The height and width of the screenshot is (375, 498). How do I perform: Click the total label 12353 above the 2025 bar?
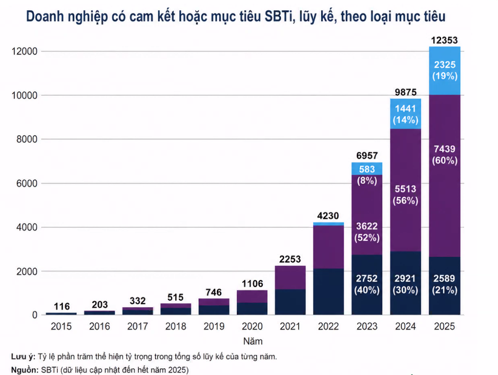[x=444, y=41]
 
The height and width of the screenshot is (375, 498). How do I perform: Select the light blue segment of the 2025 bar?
[x=445, y=71]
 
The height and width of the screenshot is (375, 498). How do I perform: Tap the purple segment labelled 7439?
[x=445, y=176]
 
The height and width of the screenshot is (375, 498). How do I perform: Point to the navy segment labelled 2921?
[x=405, y=284]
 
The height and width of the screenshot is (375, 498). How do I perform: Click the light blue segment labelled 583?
[x=367, y=168]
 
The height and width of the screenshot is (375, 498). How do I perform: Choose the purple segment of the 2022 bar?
[x=328, y=247]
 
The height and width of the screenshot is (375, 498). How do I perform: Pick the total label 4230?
[x=328, y=216]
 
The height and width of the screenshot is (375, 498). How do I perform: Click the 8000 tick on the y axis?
[x=27, y=139]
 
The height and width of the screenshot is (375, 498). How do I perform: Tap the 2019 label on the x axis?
[x=214, y=327]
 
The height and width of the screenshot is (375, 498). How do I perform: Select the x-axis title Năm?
[x=253, y=341]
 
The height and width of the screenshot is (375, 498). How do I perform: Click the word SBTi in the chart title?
[x=278, y=16]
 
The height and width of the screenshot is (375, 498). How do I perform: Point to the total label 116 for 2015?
[x=62, y=307]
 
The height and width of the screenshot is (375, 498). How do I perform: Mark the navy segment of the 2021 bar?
[x=290, y=302]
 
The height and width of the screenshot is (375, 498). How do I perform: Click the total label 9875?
[x=405, y=92]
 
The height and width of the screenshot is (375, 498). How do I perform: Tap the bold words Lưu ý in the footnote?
[x=23, y=357]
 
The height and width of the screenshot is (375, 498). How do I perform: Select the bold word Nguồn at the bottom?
[x=25, y=370]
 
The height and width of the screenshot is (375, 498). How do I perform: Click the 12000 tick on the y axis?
[x=24, y=51]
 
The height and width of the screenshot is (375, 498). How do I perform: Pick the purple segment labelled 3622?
[x=367, y=215]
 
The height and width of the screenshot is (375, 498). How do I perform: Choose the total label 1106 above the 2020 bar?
[x=253, y=284]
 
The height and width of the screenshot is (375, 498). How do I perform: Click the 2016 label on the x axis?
[x=99, y=327]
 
